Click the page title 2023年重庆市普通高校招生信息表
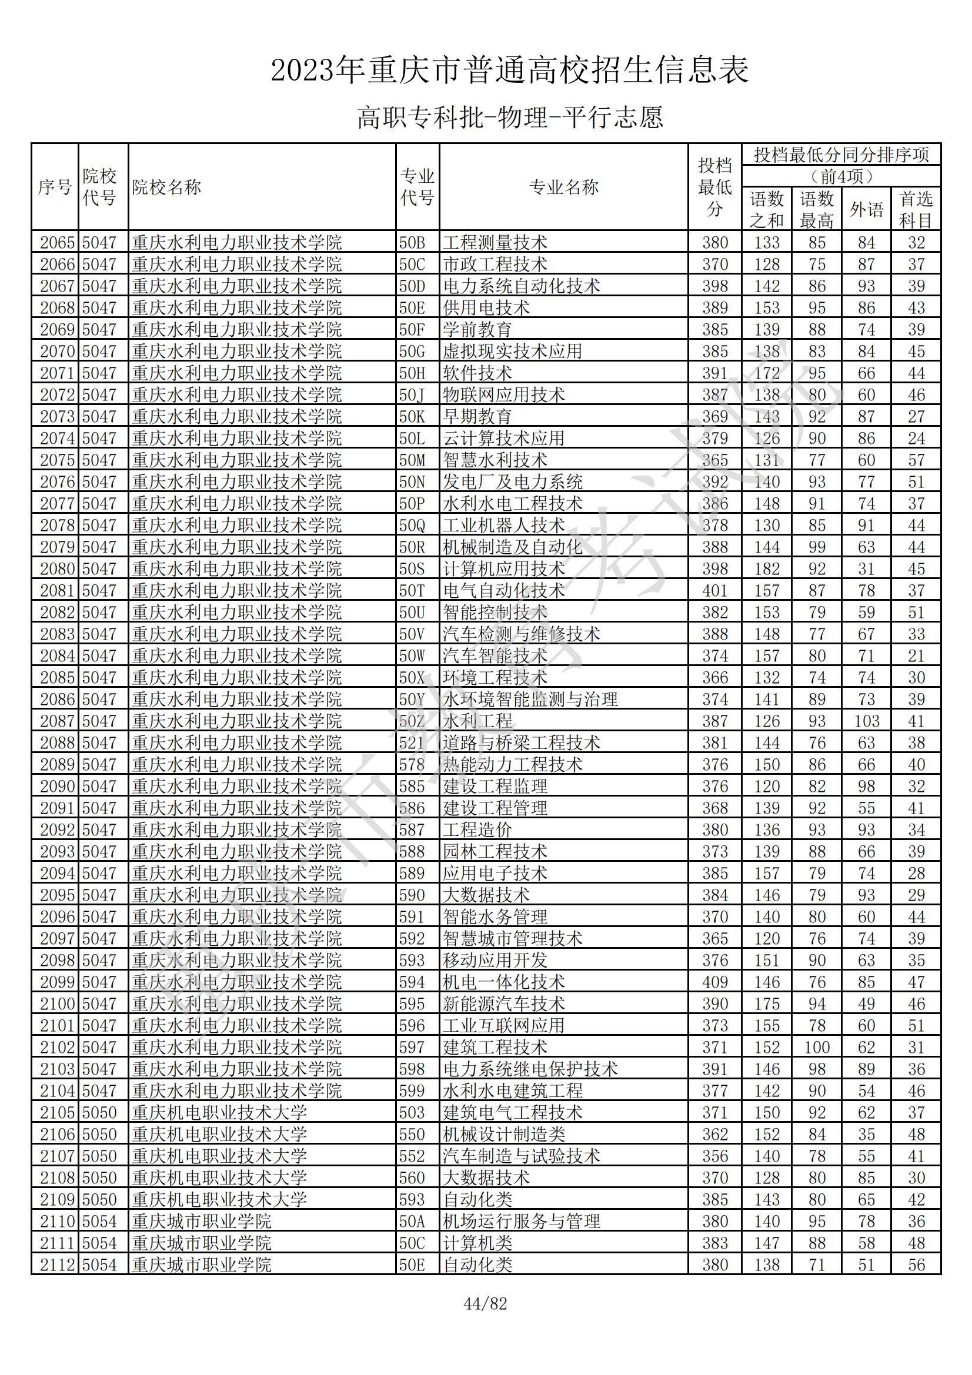[x=510, y=70]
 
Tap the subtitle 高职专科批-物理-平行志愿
[x=510, y=117]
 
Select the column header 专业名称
[x=563, y=188]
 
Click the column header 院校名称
[x=166, y=188]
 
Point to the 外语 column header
[x=866, y=210]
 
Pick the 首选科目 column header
[x=916, y=210]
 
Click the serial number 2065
[x=57, y=243]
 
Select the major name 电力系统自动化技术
[x=521, y=286]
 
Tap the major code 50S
[x=412, y=569]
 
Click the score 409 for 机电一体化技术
[x=714, y=982]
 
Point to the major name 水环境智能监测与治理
[x=530, y=700]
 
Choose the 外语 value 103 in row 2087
[x=866, y=721]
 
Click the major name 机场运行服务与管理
[x=521, y=1221]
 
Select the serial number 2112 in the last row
[x=57, y=1265]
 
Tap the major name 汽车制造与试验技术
[x=521, y=1156]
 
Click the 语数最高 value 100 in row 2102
[x=816, y=1048]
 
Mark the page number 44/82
[x=485, y=1304]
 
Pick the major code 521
[x=412, y=743]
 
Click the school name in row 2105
[x=219, y=1113]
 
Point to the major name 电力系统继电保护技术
[x=530, y=1069]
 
